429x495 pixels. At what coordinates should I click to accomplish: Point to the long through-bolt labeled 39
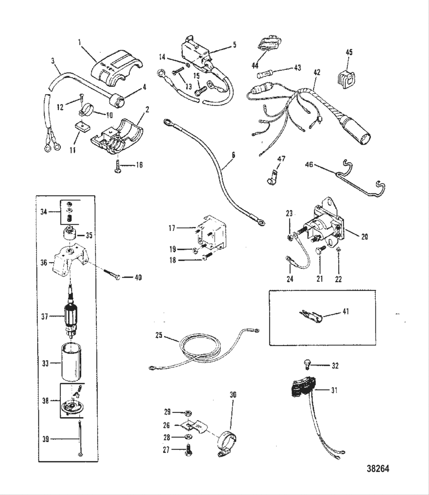[x=79, y=439]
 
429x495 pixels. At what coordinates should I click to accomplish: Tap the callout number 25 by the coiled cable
[x=159, y=335]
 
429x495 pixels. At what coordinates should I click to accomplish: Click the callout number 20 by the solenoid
[x=364, y=237]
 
